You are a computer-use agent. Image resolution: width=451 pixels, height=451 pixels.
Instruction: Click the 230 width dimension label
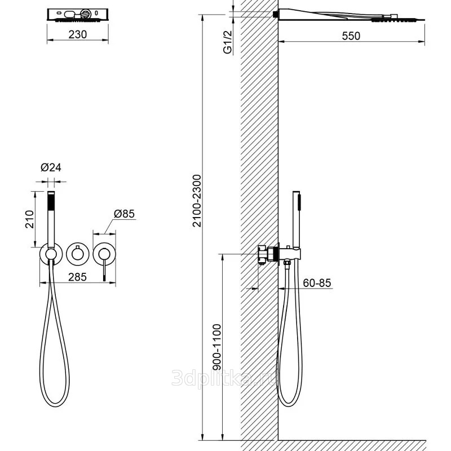pos(78,34)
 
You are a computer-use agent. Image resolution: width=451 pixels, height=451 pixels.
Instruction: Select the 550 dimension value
pos(351,36)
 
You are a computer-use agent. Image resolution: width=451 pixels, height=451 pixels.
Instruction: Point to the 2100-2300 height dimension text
pos(197,201)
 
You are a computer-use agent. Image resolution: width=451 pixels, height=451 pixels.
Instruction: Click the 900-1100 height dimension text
pos(217,347)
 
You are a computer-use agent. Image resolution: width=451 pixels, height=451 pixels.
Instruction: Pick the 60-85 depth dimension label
pos(317,283)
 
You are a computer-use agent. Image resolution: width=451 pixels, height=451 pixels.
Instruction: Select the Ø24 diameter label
pos(51,167)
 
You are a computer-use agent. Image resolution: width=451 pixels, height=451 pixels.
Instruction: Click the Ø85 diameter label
pos(124,214)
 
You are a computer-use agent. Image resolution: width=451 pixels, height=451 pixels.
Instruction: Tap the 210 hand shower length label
pos(30,219)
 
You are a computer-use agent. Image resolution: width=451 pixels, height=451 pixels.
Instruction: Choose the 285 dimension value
pos(78,277)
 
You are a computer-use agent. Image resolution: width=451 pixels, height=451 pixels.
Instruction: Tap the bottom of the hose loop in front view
pos(55,406)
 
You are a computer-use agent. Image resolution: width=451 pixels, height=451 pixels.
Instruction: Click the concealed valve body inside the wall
pos(268,254)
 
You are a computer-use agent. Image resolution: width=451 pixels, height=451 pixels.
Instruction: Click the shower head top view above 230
pos(78,15)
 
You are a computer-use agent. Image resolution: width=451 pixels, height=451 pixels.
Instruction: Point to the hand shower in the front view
pos(51,219)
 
